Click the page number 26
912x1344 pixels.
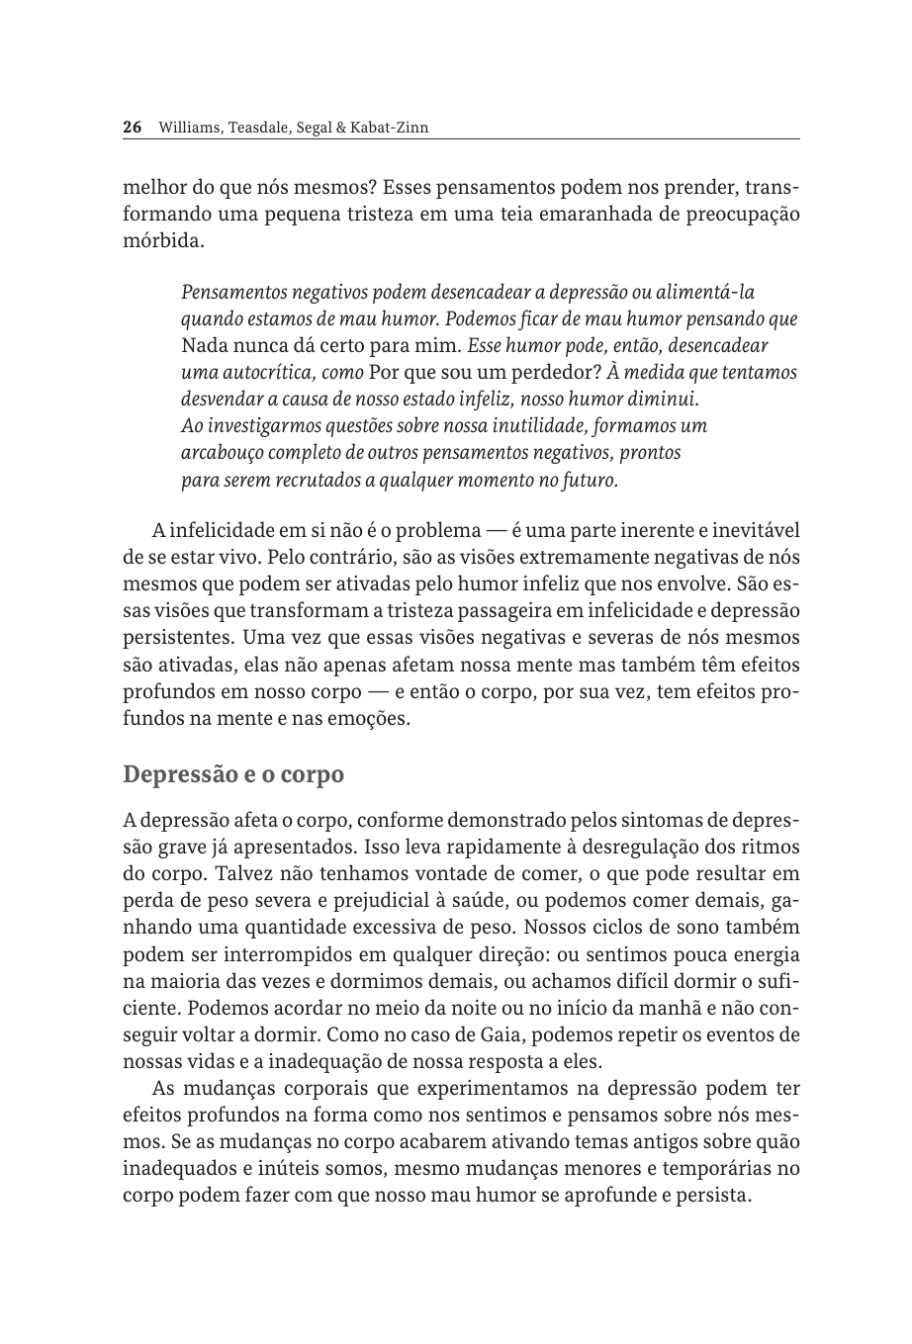pos(134,128)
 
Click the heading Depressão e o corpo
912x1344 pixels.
pos(233,774)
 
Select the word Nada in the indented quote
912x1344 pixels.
pos(204,347)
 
